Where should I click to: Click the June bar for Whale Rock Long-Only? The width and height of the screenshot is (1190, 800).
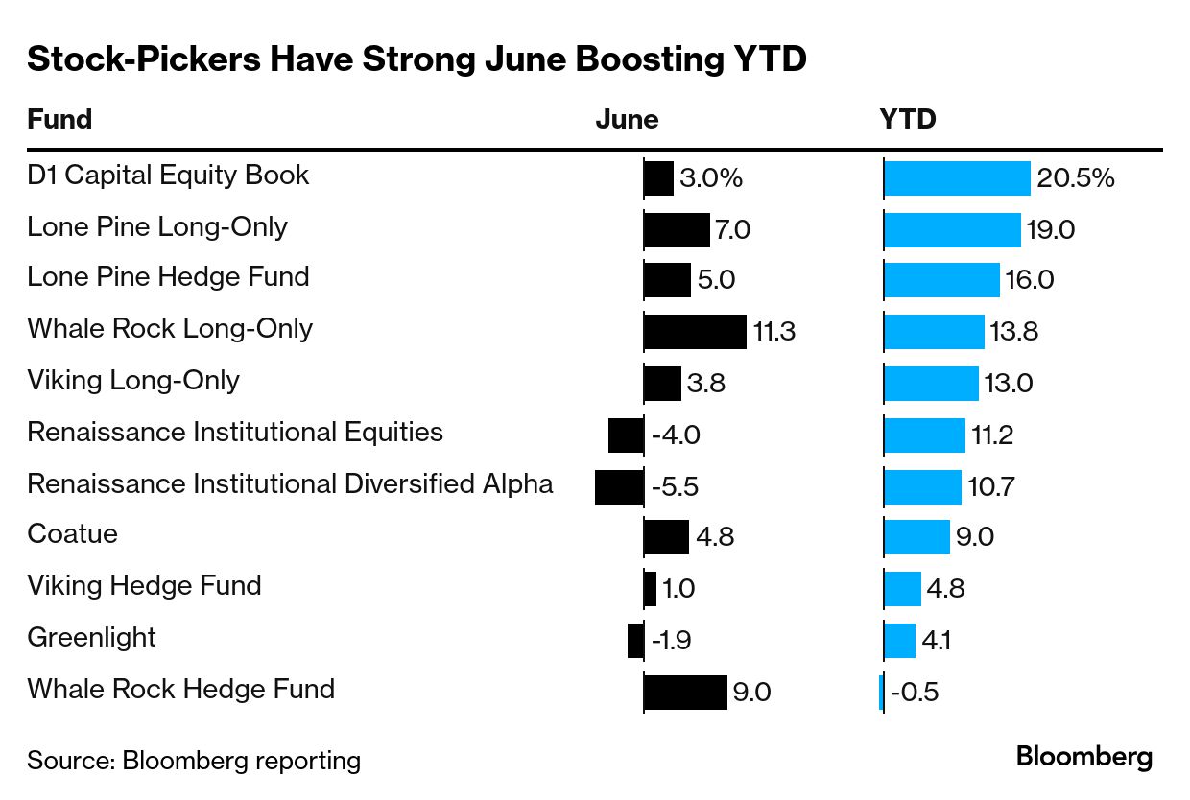695,332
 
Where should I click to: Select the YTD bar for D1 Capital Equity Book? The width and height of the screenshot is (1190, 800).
957,178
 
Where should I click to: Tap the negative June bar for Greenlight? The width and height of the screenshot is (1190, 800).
635,641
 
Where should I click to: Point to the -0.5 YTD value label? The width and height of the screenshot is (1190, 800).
914,693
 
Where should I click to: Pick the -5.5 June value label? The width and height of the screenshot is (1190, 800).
675,487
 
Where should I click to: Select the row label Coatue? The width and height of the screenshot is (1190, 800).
72,533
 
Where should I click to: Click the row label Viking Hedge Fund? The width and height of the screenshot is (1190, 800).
144,585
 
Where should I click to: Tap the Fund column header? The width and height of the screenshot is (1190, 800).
59,119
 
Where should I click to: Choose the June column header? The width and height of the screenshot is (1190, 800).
627,119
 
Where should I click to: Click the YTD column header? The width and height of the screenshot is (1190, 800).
908,119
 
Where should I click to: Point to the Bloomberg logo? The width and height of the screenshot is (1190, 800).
1084,757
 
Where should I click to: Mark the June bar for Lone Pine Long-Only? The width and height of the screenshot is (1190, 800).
677,230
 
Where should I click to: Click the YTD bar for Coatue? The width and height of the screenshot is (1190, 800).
916,537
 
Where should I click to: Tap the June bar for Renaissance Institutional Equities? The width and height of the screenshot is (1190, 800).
626,435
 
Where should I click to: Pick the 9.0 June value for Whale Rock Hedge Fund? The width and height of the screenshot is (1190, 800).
751,693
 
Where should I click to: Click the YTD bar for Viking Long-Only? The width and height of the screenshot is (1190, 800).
931,384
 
